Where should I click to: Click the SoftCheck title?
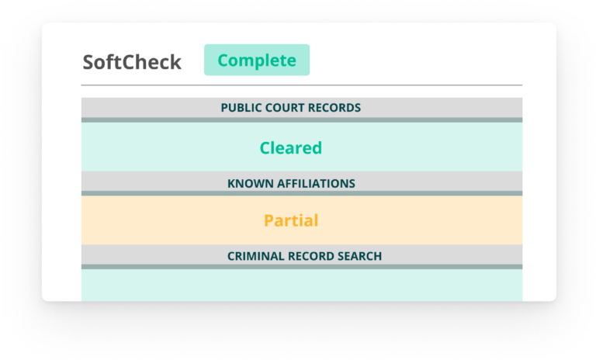pyautogui.click(x=132, y=62)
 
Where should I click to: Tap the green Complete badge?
pyautogui.click(x=257, y=60)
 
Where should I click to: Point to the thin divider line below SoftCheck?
pyautogui.click(x=302, y=85)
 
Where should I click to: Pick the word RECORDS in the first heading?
pyautogui.click(x=334, y=108)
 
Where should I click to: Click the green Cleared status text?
pyautogui.click(x=291, y=148)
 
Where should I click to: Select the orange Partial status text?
pyautogui.click(x=291, y=220)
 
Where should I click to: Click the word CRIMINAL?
pyautogui.click(x=255, y=256)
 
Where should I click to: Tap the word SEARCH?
pyautogui.click(x=356, y=256)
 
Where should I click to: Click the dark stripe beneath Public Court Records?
pyautogui.click(x=302, y=119)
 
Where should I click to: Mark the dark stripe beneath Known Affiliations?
pyautogui.click(x=302, y=193)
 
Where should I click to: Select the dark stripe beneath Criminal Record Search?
pyautogui.click(x=302, y=266)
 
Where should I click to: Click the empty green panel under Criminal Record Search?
pyautogui.click(x=302, y=285)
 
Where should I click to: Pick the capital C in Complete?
pyautogui.click(x=223, y=60)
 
